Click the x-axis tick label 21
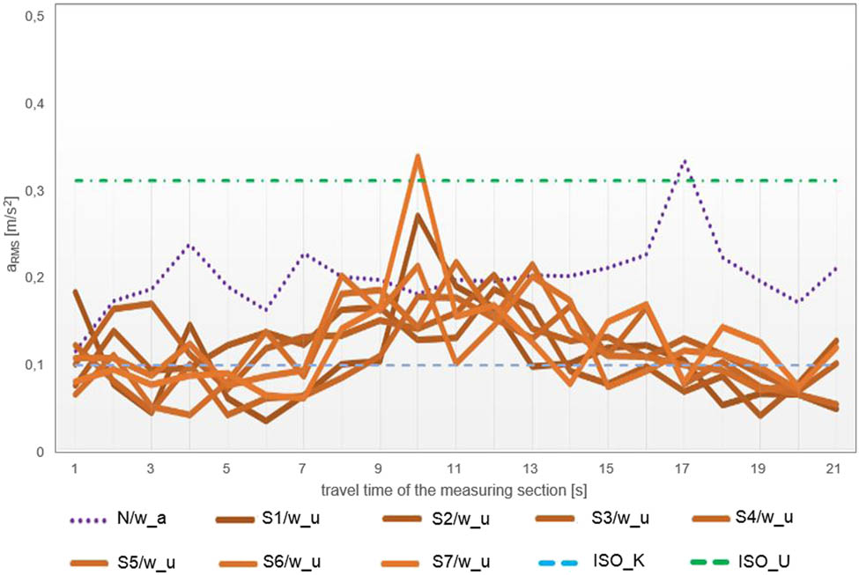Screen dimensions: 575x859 [x=833, y=467]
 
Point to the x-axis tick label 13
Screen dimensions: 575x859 [x=530, y=467]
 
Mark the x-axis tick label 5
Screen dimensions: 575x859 [x=227, y=467]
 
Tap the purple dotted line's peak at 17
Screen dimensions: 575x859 [x=683, y=162]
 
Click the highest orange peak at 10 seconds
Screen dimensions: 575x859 [x=418, y=157]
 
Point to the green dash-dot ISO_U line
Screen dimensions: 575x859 [x=264, y=181]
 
